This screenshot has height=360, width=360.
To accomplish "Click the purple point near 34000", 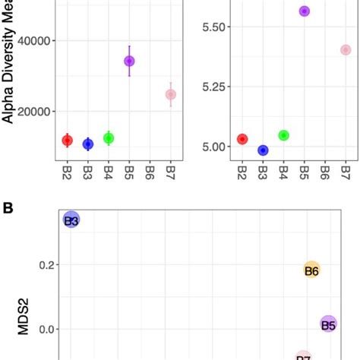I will click(129, 61).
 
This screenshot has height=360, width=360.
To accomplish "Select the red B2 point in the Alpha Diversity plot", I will click(67, 141).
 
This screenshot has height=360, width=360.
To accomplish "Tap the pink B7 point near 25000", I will click(171, 94).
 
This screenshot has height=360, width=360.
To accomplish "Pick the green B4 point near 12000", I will click(109, 138).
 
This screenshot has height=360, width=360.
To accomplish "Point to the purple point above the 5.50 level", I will click(305, 11).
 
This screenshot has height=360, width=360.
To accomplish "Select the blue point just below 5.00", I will click(263, 150).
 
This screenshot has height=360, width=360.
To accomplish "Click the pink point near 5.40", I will click(346, 50).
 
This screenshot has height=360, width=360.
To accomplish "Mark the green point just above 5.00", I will click(284, 135).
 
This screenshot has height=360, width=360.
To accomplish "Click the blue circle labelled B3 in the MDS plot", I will click(71, 220).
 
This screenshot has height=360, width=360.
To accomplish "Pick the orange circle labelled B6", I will click(311, 270).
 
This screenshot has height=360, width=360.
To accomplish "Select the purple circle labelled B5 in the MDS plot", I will click(328, 325).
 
